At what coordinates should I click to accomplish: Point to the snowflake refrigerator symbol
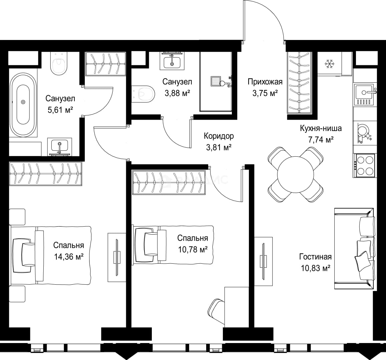tap(329, 64)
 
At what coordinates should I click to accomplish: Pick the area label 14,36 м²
tap(68, 257)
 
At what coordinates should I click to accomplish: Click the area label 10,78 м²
tap(193, 250)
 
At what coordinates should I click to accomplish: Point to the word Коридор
tap(219, 136)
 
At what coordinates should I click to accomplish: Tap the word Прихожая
tap(265, 82)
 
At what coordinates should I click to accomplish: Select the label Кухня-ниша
tap(321, 128)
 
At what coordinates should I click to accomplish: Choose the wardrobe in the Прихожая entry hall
tap(299, 83)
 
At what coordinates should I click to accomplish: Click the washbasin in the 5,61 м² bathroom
tap(59, 147)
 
